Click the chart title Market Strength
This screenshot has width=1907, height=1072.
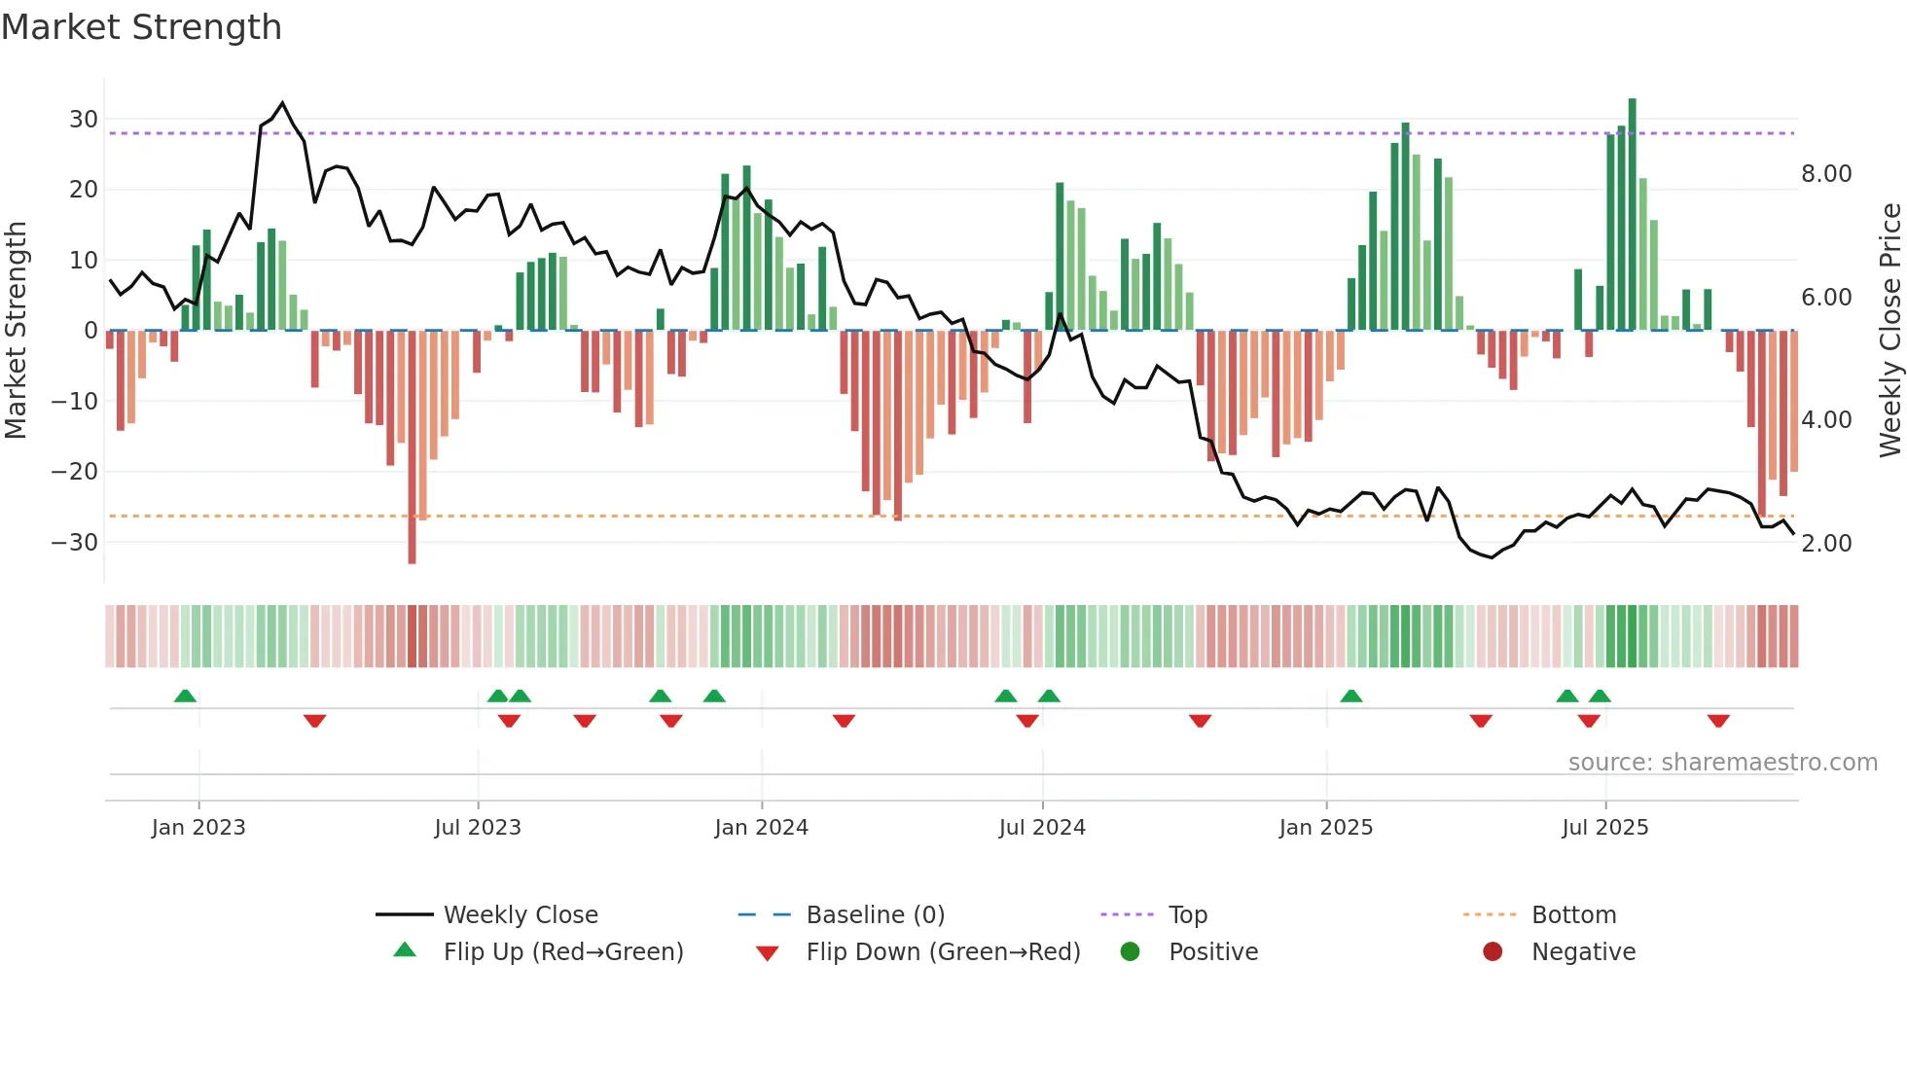pos(141,27)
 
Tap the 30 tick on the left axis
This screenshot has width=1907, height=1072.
pos(84,120)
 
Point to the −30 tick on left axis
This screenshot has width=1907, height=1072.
pos(75,543)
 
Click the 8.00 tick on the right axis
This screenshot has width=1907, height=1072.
pos(1826,174)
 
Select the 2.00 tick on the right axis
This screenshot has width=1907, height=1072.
pos(1826,544)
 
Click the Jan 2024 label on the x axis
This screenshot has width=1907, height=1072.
pos(761,828)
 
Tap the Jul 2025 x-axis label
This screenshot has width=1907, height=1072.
pos(1604,828)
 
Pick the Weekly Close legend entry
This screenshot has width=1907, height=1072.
pos(520,915)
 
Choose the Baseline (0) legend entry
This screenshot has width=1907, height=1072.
pos(875,915)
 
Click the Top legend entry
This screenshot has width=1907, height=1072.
pos(1187,915)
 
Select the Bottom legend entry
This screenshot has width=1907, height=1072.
pos(1573,915)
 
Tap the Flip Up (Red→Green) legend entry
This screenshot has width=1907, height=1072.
pos(562,952)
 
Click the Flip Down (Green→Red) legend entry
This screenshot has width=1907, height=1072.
pos(942,952)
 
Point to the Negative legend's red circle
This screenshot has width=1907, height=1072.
pos(1493,952)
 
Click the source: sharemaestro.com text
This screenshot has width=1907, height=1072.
pos(1722,763)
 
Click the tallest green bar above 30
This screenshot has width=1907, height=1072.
pos(1633,214)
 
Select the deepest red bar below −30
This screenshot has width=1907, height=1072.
pos(412,447)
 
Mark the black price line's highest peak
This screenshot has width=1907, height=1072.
pos(282,102)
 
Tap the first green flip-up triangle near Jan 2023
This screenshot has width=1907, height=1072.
pos(185,696)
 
